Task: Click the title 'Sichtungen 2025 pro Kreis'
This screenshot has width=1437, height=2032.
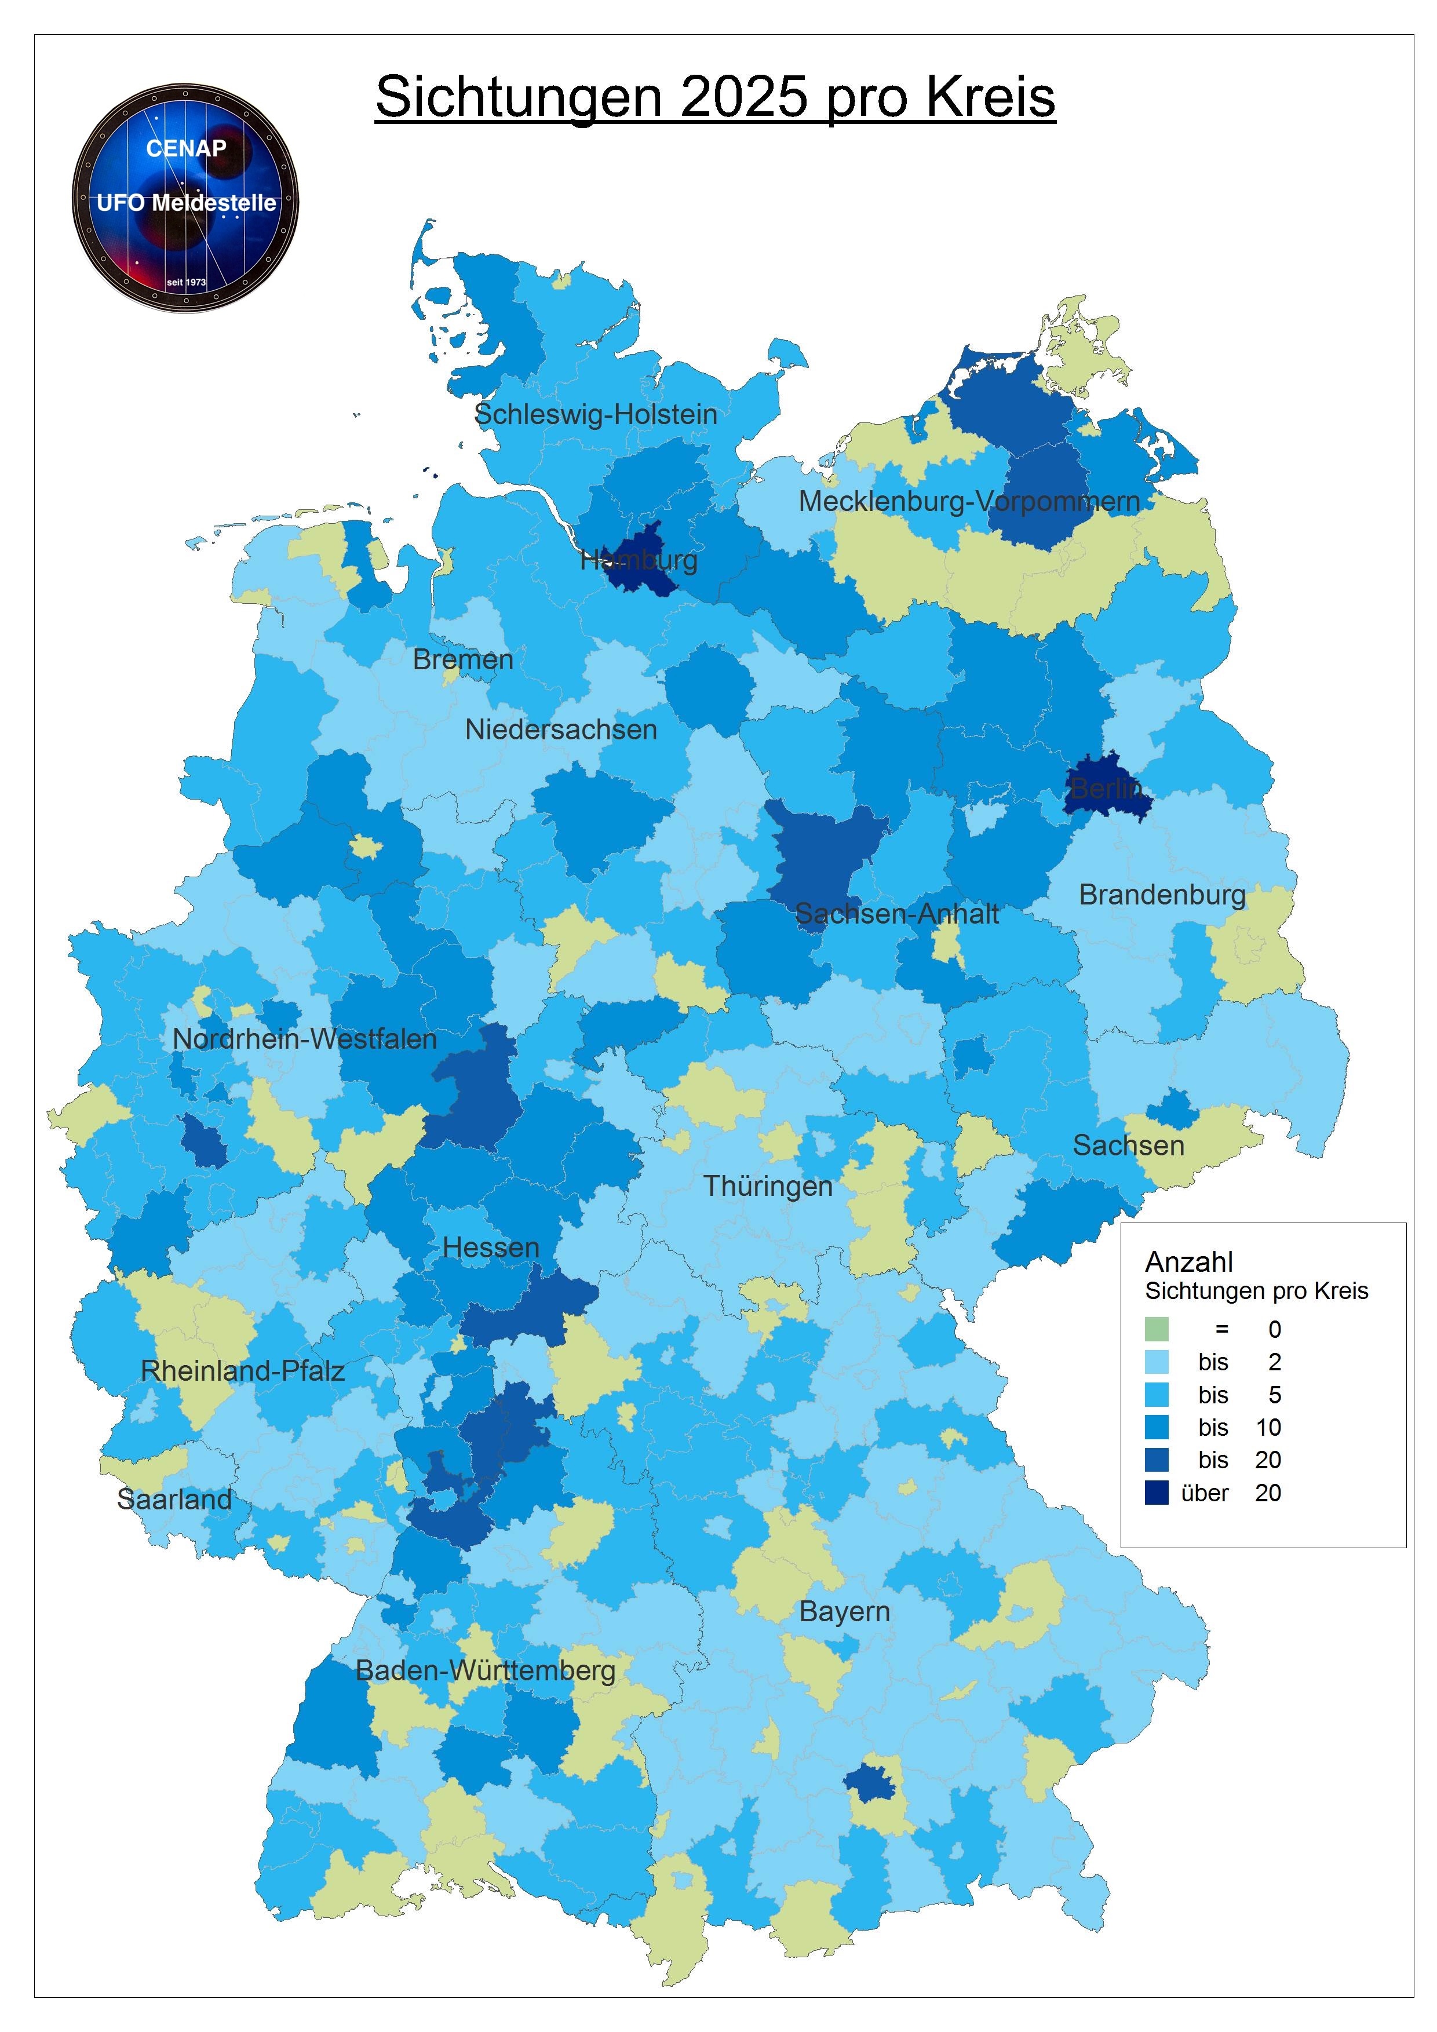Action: coord(715,97)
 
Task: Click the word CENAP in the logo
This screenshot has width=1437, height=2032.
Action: coord(186,149)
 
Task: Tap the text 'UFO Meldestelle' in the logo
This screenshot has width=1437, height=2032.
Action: coord(186,203)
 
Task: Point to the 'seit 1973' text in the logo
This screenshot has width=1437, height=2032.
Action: coord(186,282)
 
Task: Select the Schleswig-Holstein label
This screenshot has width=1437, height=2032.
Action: coord(596,414)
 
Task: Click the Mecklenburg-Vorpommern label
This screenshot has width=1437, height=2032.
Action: coord(969,502)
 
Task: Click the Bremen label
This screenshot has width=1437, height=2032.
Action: coord(463,659)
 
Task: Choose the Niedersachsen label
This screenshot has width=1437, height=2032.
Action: coord(561,730)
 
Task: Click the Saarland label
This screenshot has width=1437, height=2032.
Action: coord(174,1499)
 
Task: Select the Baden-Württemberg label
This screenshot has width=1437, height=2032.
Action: coord(485,1671)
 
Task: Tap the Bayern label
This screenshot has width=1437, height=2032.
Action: coord(844,1611)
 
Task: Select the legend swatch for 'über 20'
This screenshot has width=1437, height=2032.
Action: coord(1157,1493)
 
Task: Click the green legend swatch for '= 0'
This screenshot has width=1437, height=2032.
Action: coord(1157,1329)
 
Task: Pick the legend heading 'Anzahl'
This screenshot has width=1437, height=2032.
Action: coord(1188,1262)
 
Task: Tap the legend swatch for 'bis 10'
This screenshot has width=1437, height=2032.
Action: coord(1157,1428)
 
